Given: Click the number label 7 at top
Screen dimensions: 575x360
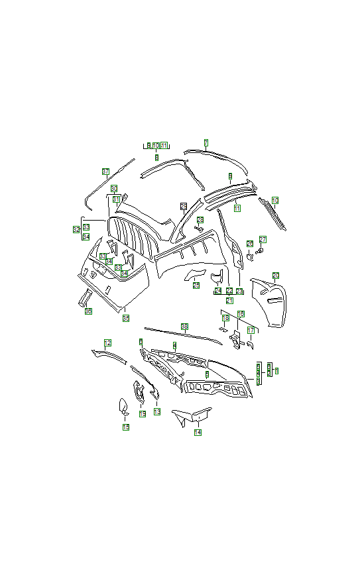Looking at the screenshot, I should click(206, 142).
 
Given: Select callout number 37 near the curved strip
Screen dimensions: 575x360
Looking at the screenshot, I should click(105, 172).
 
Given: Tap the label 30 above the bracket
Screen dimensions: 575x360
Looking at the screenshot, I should click(114, 188).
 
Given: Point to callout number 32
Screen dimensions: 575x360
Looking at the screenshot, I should click(76, 229).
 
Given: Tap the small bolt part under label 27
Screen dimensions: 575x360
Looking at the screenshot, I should click(260, 251).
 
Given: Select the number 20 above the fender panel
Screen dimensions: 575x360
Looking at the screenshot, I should click(275, 275).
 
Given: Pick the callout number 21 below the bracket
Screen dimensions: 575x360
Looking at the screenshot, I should click(229, 300).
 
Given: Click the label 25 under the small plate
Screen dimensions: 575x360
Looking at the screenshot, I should click(196, 286).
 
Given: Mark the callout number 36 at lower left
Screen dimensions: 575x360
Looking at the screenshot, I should click(88, 311).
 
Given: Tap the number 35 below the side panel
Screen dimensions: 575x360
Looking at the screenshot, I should click(126, 318).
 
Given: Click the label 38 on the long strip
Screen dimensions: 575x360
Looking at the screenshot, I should click(184, 327).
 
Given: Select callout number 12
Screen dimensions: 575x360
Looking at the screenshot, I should click(107, 342).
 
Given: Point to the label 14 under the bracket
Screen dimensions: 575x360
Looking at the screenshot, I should click(198, 432).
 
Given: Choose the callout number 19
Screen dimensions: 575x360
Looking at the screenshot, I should click(142, 414).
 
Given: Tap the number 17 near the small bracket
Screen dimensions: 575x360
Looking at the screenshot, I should click(251, 330).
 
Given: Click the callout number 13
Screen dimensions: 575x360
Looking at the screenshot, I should click(157, 411).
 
